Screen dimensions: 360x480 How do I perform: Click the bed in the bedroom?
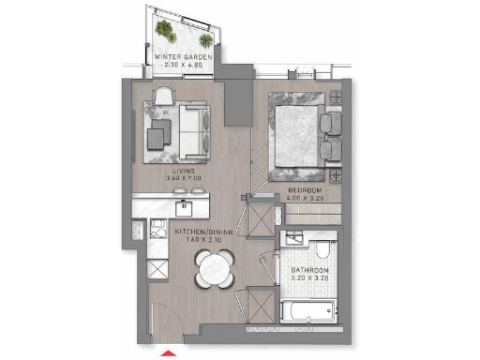[300, 136]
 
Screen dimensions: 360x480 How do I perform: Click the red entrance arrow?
[143, 353]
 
